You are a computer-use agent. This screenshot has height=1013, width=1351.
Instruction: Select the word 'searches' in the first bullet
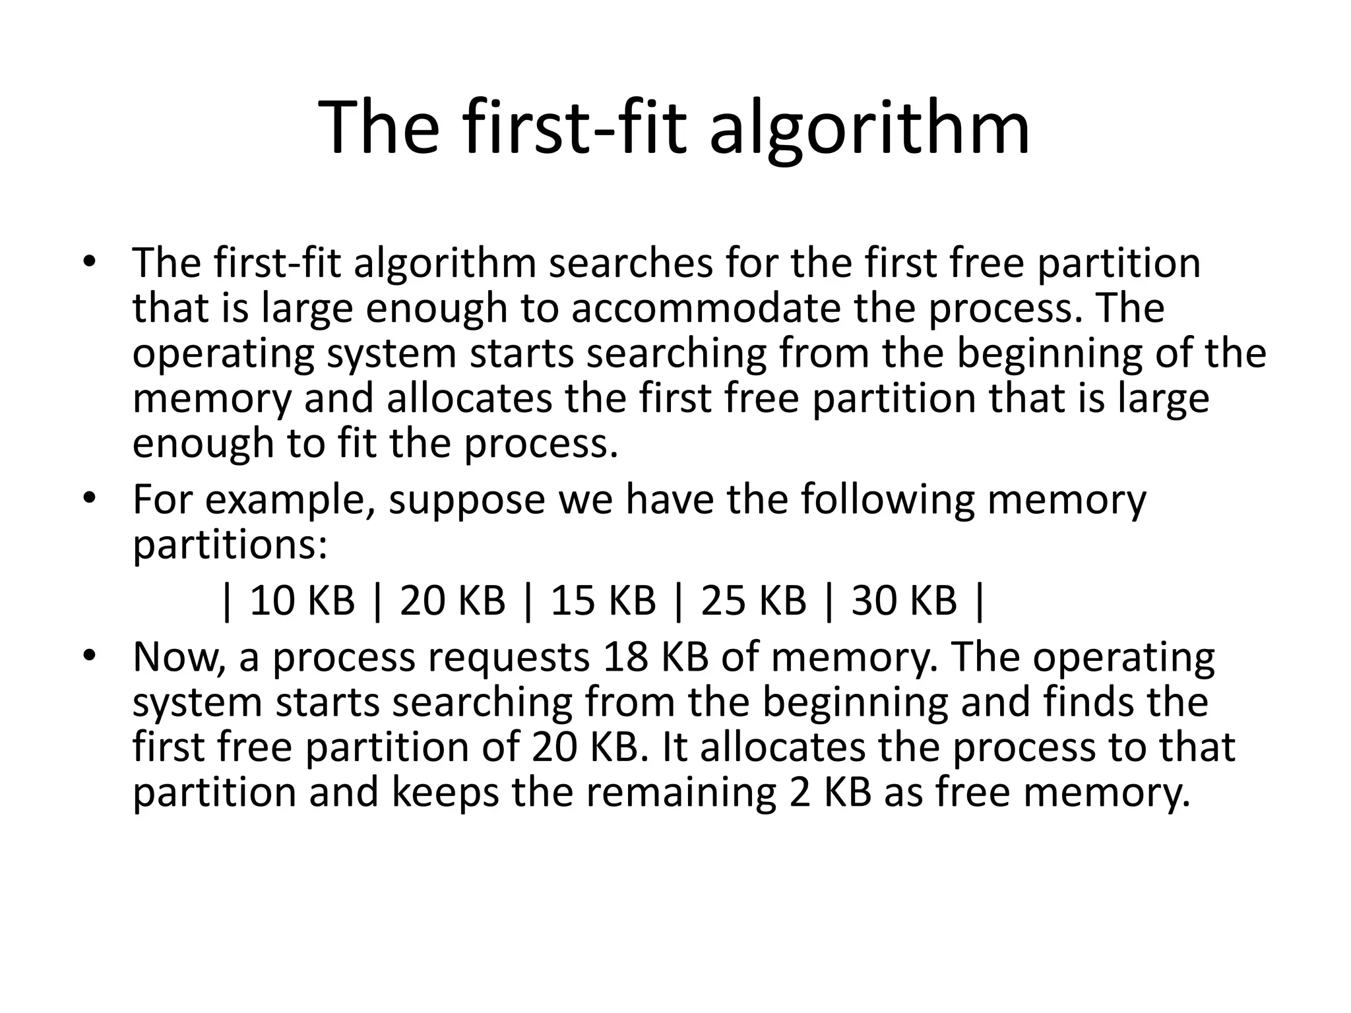pos(631,263)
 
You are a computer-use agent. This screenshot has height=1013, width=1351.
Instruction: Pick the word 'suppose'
pos(466,500)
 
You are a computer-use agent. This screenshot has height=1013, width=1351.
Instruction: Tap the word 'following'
pos(887,500)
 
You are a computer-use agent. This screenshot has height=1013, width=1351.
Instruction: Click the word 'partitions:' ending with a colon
pos(230,545)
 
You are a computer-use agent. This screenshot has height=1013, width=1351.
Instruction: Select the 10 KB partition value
pos(302,601)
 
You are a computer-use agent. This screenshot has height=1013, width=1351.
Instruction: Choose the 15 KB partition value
pos(603,601)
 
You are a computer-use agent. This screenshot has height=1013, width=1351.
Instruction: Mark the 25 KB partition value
pos(753,601)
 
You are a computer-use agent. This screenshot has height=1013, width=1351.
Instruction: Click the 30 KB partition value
pos(904,601)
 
